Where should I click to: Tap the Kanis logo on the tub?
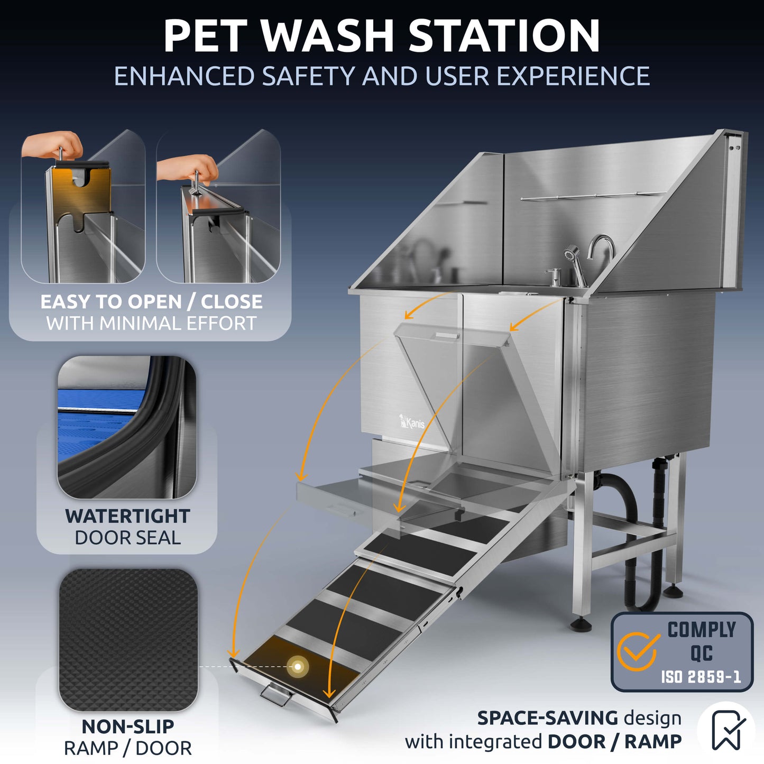pos(412,422)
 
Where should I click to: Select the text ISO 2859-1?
pos(701,677)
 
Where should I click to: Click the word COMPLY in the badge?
pos(701,630)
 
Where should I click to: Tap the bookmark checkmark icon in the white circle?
pos(728,730)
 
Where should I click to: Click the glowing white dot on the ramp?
pos(298,667)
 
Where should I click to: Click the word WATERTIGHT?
pos(127,516)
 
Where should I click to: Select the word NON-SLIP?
pos(127,726)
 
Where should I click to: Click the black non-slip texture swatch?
pos(128,640)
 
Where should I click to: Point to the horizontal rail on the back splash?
pos(592,196)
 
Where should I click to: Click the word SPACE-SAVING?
pos(547,718)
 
